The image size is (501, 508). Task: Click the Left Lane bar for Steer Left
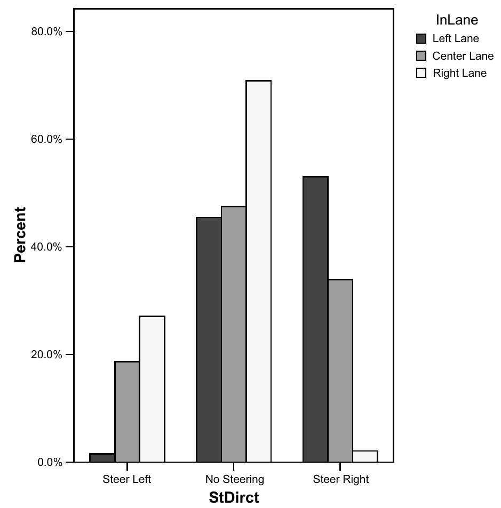(x=102, y=458)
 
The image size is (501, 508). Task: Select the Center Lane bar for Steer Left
(x=127, y=412)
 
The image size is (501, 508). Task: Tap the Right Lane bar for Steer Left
(x=152, y=389)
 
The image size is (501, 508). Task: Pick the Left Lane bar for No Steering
(x=209, y=340)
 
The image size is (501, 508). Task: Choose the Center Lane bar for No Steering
(x=234, y=334)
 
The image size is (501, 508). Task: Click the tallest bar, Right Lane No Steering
(x=259, y=271)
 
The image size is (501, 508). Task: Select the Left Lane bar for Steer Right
(x=315, y=319)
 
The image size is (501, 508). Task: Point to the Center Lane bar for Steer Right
(x=340, y=370)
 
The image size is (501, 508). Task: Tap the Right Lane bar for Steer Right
(x=365, y=456)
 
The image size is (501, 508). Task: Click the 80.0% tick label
(x=47, y=31)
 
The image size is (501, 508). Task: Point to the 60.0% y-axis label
(x=47, y=139)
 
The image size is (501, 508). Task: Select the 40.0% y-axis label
(x=47, y=247)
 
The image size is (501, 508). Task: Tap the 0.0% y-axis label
(x=50, y=462)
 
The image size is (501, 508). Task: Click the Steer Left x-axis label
(x=127, y=479)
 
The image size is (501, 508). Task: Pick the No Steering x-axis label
(x=235, y=479)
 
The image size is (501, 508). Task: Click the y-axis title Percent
(x=20, y=235)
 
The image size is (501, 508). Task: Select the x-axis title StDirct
(x=234, y=498)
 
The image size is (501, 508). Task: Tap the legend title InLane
(x=457, y=20)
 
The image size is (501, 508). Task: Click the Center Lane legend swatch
(x=422, y=56)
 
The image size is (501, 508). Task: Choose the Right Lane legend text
(x=459, y=74)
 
